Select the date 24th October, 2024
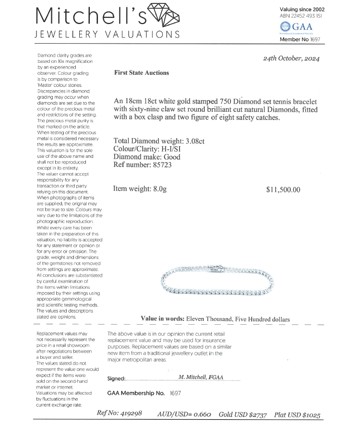pos(291,59)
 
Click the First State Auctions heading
pos(142,73)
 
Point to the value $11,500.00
pos(283,189)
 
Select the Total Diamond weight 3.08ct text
pos(159,141)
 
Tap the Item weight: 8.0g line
pos(140,189)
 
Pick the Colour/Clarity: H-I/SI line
pos(150,149)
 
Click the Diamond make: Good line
pos(147,157)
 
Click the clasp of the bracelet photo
pos(217,267)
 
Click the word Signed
pos(116,378)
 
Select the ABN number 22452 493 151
pos(301,16)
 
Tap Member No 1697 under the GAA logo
pos(300,39)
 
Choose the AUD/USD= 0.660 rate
pos(184,414)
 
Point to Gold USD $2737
pos(243,414)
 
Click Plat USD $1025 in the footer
pos(297,414)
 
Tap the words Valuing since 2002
pos(302,9)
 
